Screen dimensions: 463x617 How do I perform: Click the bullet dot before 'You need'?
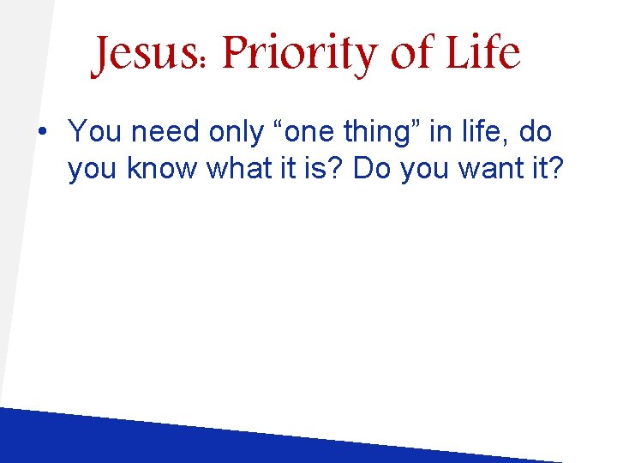pyautogui.click(x=42, y=133)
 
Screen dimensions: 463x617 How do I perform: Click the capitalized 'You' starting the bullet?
pyautogui.click(x=93, y=132)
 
